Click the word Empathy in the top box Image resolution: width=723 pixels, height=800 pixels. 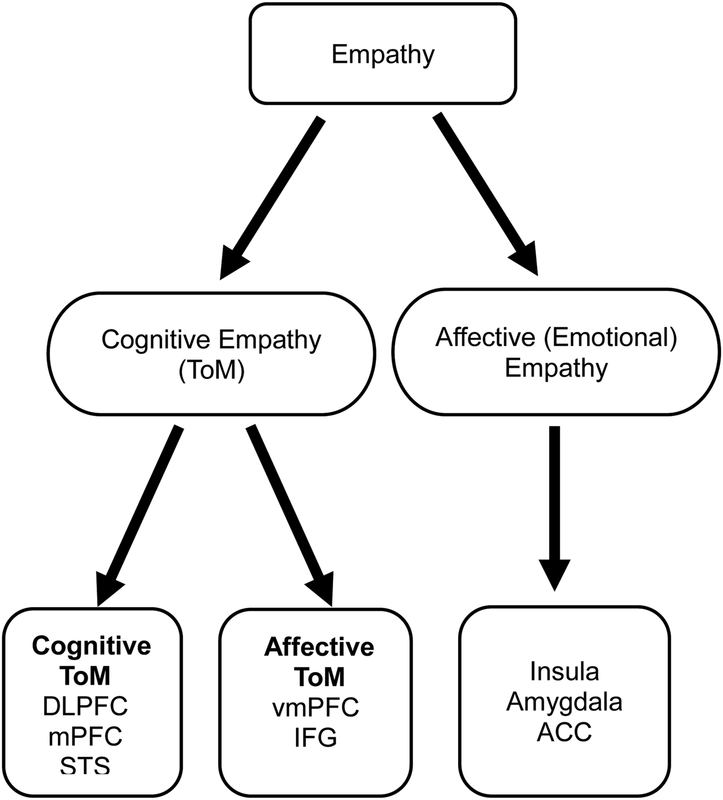coord(383,54)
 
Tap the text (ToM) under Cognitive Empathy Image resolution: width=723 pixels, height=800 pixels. coord(211,370)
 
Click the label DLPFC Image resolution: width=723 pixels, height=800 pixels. coord(85,706)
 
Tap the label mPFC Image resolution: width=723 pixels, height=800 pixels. coord(85,737)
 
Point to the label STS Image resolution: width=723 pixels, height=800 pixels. coord(85,765)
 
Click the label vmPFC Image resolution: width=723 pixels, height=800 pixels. coord(316,707)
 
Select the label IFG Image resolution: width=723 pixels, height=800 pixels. coord(316,738)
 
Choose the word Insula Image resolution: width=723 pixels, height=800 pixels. coord(564,671)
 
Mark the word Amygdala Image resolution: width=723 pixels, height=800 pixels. coord(564,702)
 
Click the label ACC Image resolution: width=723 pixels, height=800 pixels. coord(564,732)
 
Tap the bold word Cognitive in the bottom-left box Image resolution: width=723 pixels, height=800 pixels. coord(91,646)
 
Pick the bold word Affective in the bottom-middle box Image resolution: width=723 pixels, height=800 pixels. coord(319,647)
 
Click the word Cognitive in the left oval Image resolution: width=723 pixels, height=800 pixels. coord(156,340)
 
